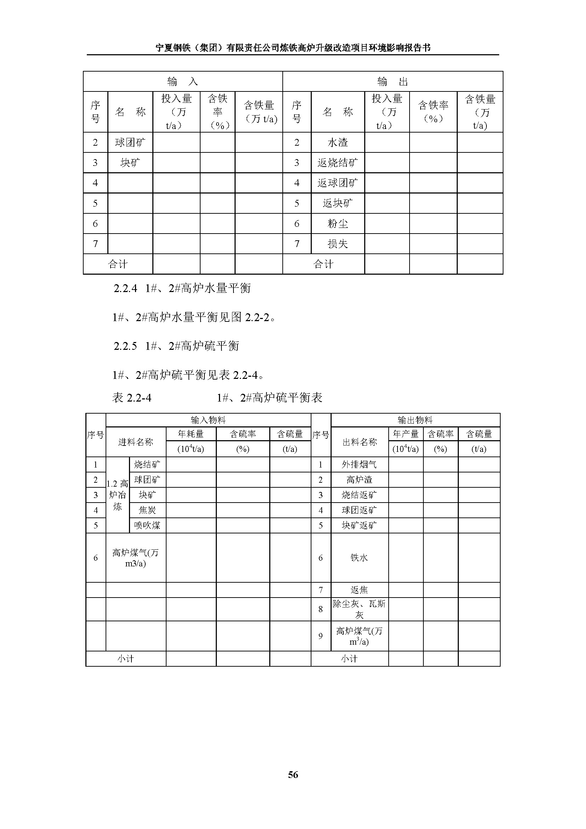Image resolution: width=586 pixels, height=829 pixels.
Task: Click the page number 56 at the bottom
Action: tap(293, 785)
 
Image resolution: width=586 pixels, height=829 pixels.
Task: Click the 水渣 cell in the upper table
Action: tap(337, 142)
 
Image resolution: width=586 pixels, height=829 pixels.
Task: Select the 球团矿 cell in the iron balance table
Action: tap(130, 142)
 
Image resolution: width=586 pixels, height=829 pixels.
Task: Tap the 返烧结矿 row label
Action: tap(337, 163)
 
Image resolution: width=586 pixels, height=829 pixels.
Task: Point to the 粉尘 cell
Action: tap(337, 224)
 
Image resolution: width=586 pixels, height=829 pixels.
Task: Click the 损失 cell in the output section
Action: tap(337, 244)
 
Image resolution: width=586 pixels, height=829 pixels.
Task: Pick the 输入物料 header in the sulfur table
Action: tap(208, 420)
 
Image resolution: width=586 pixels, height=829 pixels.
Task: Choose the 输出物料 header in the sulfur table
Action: tap(415, 420)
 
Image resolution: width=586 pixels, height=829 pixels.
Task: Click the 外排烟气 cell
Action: tap(359, 464)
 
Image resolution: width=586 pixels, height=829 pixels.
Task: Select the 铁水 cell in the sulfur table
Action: tap(359, 558)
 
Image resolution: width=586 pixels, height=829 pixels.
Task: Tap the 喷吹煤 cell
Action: tap(147, 525)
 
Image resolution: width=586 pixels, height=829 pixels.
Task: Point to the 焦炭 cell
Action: tap(147, 510)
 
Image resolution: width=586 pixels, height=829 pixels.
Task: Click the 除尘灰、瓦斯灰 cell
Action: tap(359, 609)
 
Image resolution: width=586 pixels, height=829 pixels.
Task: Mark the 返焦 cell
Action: tap(359, 590)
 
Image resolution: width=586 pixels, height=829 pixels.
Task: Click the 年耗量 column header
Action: tap(191, 434)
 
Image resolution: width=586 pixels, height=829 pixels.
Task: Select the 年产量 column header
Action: tap(406, 434)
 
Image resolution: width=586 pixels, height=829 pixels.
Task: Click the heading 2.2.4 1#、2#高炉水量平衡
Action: tap(182, 288)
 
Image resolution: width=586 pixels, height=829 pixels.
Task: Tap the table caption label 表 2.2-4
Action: tap(132, 398)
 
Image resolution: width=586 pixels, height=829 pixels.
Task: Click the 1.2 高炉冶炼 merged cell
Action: tap(117, 495)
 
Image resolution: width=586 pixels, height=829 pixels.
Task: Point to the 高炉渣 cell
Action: tap(359, 480)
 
